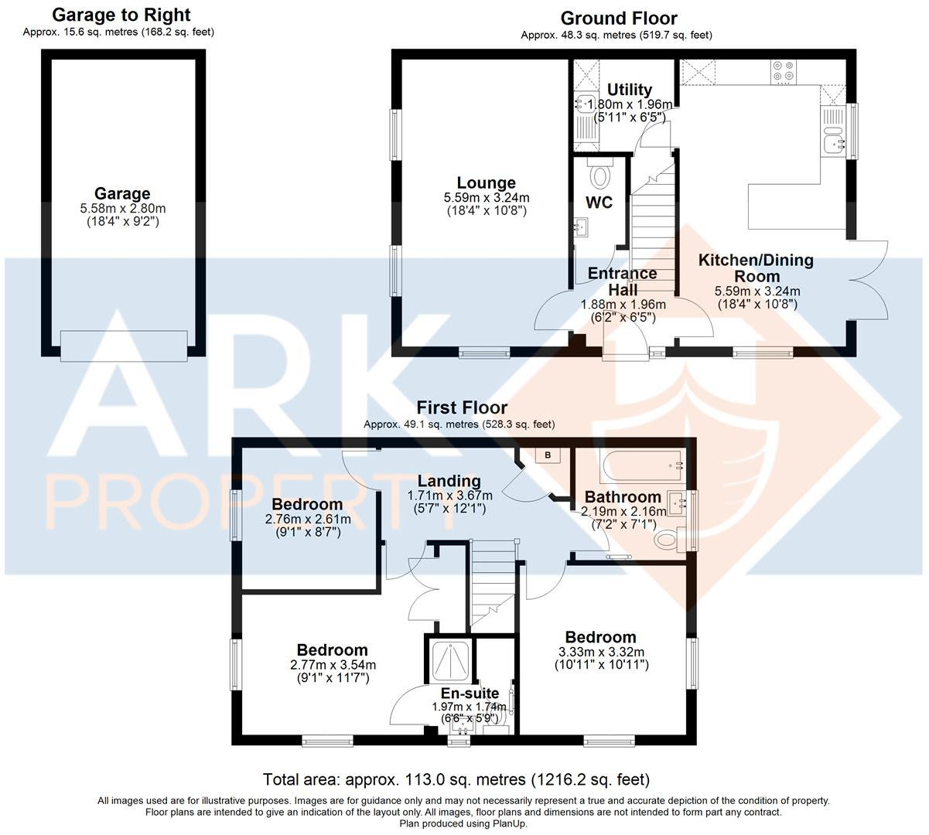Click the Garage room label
coord(122,194)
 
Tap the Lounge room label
coord(486,183)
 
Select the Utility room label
coord(629,90)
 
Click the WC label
coord(599,203)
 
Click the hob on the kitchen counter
coord(782,71)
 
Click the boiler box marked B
coord(548,455)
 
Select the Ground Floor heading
coord(619,19)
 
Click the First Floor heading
coord(462,407)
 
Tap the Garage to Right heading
coord(121,15)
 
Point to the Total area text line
coord(456,779)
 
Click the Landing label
coord(449,481)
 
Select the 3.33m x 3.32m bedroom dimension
coord(601,652)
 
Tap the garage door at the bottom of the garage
coord(124,345)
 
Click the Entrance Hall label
coord(623,281)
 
